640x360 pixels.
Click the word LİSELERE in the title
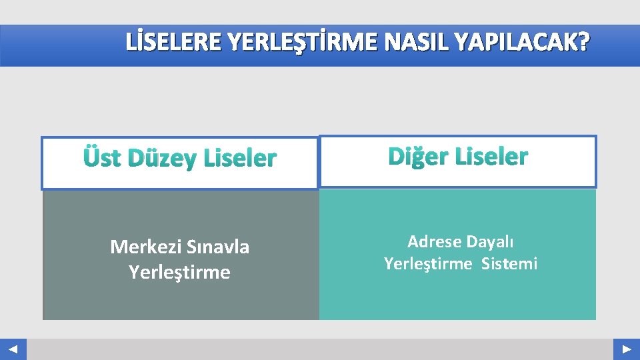click(x=175, y=43)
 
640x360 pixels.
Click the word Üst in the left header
click(x=103, y=158)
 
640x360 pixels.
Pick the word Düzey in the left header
click(x=163, y=158)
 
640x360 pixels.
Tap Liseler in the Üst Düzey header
click(x=240, y=158)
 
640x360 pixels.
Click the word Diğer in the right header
click(x=417, y=157)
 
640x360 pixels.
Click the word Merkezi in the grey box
click(x=139, y=247)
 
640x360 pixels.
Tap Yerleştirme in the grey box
click(x=179, y=272)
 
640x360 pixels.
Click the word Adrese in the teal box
click(x=433, y=241)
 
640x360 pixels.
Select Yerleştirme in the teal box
click(x=427, y=264)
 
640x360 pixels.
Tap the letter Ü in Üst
click(x=91, y=158)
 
